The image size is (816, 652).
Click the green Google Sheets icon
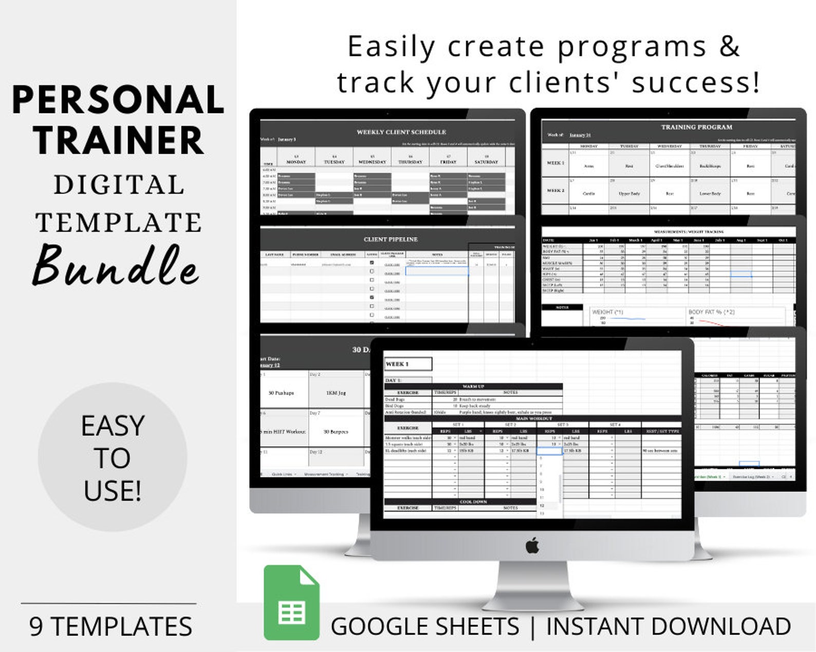[291, 603]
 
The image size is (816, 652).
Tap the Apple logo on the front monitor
[532, 545]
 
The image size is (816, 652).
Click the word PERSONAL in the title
[118, 100]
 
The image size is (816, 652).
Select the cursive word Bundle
[116, 266]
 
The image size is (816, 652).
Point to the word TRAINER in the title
[118, 140]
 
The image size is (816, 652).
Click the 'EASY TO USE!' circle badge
[113, 457]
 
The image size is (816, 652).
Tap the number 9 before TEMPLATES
[35, 626]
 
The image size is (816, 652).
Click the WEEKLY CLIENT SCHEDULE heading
[401, 132]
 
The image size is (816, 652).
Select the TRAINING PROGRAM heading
[696, 127]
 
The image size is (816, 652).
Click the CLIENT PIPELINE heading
[391, 239]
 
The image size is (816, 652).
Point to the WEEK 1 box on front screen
[408, 364]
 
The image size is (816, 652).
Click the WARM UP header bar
[473, 386]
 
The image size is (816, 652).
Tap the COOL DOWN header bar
[473, 502]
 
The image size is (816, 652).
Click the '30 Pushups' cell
[281, 393]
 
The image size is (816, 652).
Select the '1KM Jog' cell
[336, 393]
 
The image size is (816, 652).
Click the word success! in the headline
[695, 82]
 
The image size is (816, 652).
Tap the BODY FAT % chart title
[711, 312]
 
